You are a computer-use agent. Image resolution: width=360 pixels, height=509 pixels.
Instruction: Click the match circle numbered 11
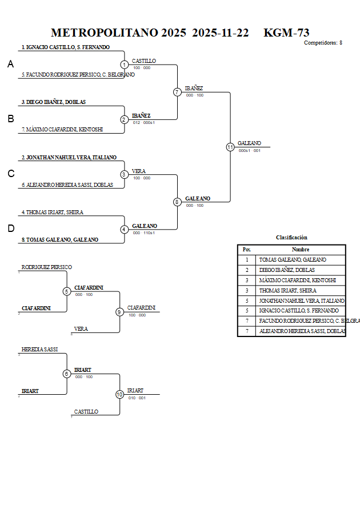(230, 147)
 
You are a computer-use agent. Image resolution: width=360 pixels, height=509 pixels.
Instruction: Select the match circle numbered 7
(177, 92)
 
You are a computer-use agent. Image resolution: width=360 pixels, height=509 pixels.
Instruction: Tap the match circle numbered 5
(66, 291)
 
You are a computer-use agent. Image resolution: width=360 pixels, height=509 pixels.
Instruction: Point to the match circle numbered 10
(119, 394)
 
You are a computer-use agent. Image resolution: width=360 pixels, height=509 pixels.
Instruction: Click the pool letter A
(10, 65)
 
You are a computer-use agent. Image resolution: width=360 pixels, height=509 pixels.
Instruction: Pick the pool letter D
(10, 229)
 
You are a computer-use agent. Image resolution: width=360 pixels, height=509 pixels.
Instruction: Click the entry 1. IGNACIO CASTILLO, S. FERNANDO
(66, 47)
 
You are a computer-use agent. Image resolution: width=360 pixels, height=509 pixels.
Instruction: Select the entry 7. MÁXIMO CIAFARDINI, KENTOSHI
(62, 130)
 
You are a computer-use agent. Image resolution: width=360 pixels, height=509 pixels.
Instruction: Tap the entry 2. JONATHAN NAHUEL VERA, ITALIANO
(69, 157)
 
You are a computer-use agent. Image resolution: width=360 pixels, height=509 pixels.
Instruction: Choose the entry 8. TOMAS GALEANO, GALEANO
(60, 240)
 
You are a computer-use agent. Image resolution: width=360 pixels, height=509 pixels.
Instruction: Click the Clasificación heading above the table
(291, 237)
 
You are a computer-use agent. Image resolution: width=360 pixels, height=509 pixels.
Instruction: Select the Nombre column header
(300, 250)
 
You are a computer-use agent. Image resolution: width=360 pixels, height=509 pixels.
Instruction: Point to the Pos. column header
(247, 250)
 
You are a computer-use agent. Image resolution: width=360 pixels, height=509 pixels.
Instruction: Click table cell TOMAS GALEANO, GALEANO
(293, 260)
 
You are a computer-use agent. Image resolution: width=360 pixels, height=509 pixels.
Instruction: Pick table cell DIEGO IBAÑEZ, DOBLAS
(287, 270)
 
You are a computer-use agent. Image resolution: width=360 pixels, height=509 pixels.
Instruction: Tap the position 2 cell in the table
(247, 270)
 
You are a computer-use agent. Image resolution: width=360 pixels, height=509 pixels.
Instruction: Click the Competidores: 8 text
(323, 43)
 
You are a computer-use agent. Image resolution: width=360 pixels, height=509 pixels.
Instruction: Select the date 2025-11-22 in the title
(221, 33)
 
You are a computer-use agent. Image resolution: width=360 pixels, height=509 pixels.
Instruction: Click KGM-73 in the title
(286, 33)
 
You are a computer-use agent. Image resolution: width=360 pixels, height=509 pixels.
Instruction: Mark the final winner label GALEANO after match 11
(249, 143)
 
